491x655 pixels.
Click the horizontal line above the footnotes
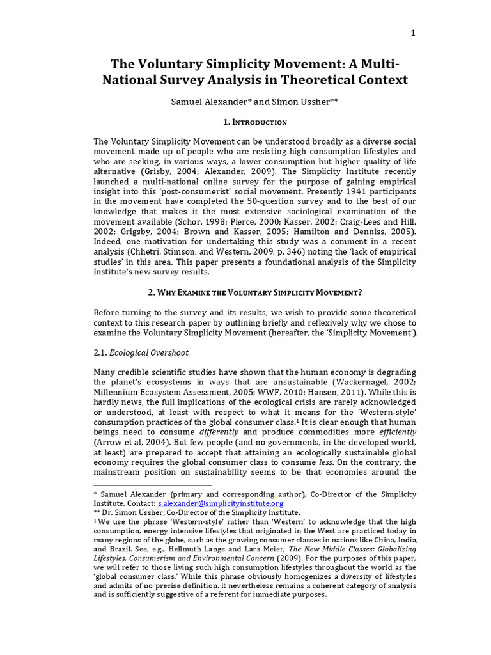152,485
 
